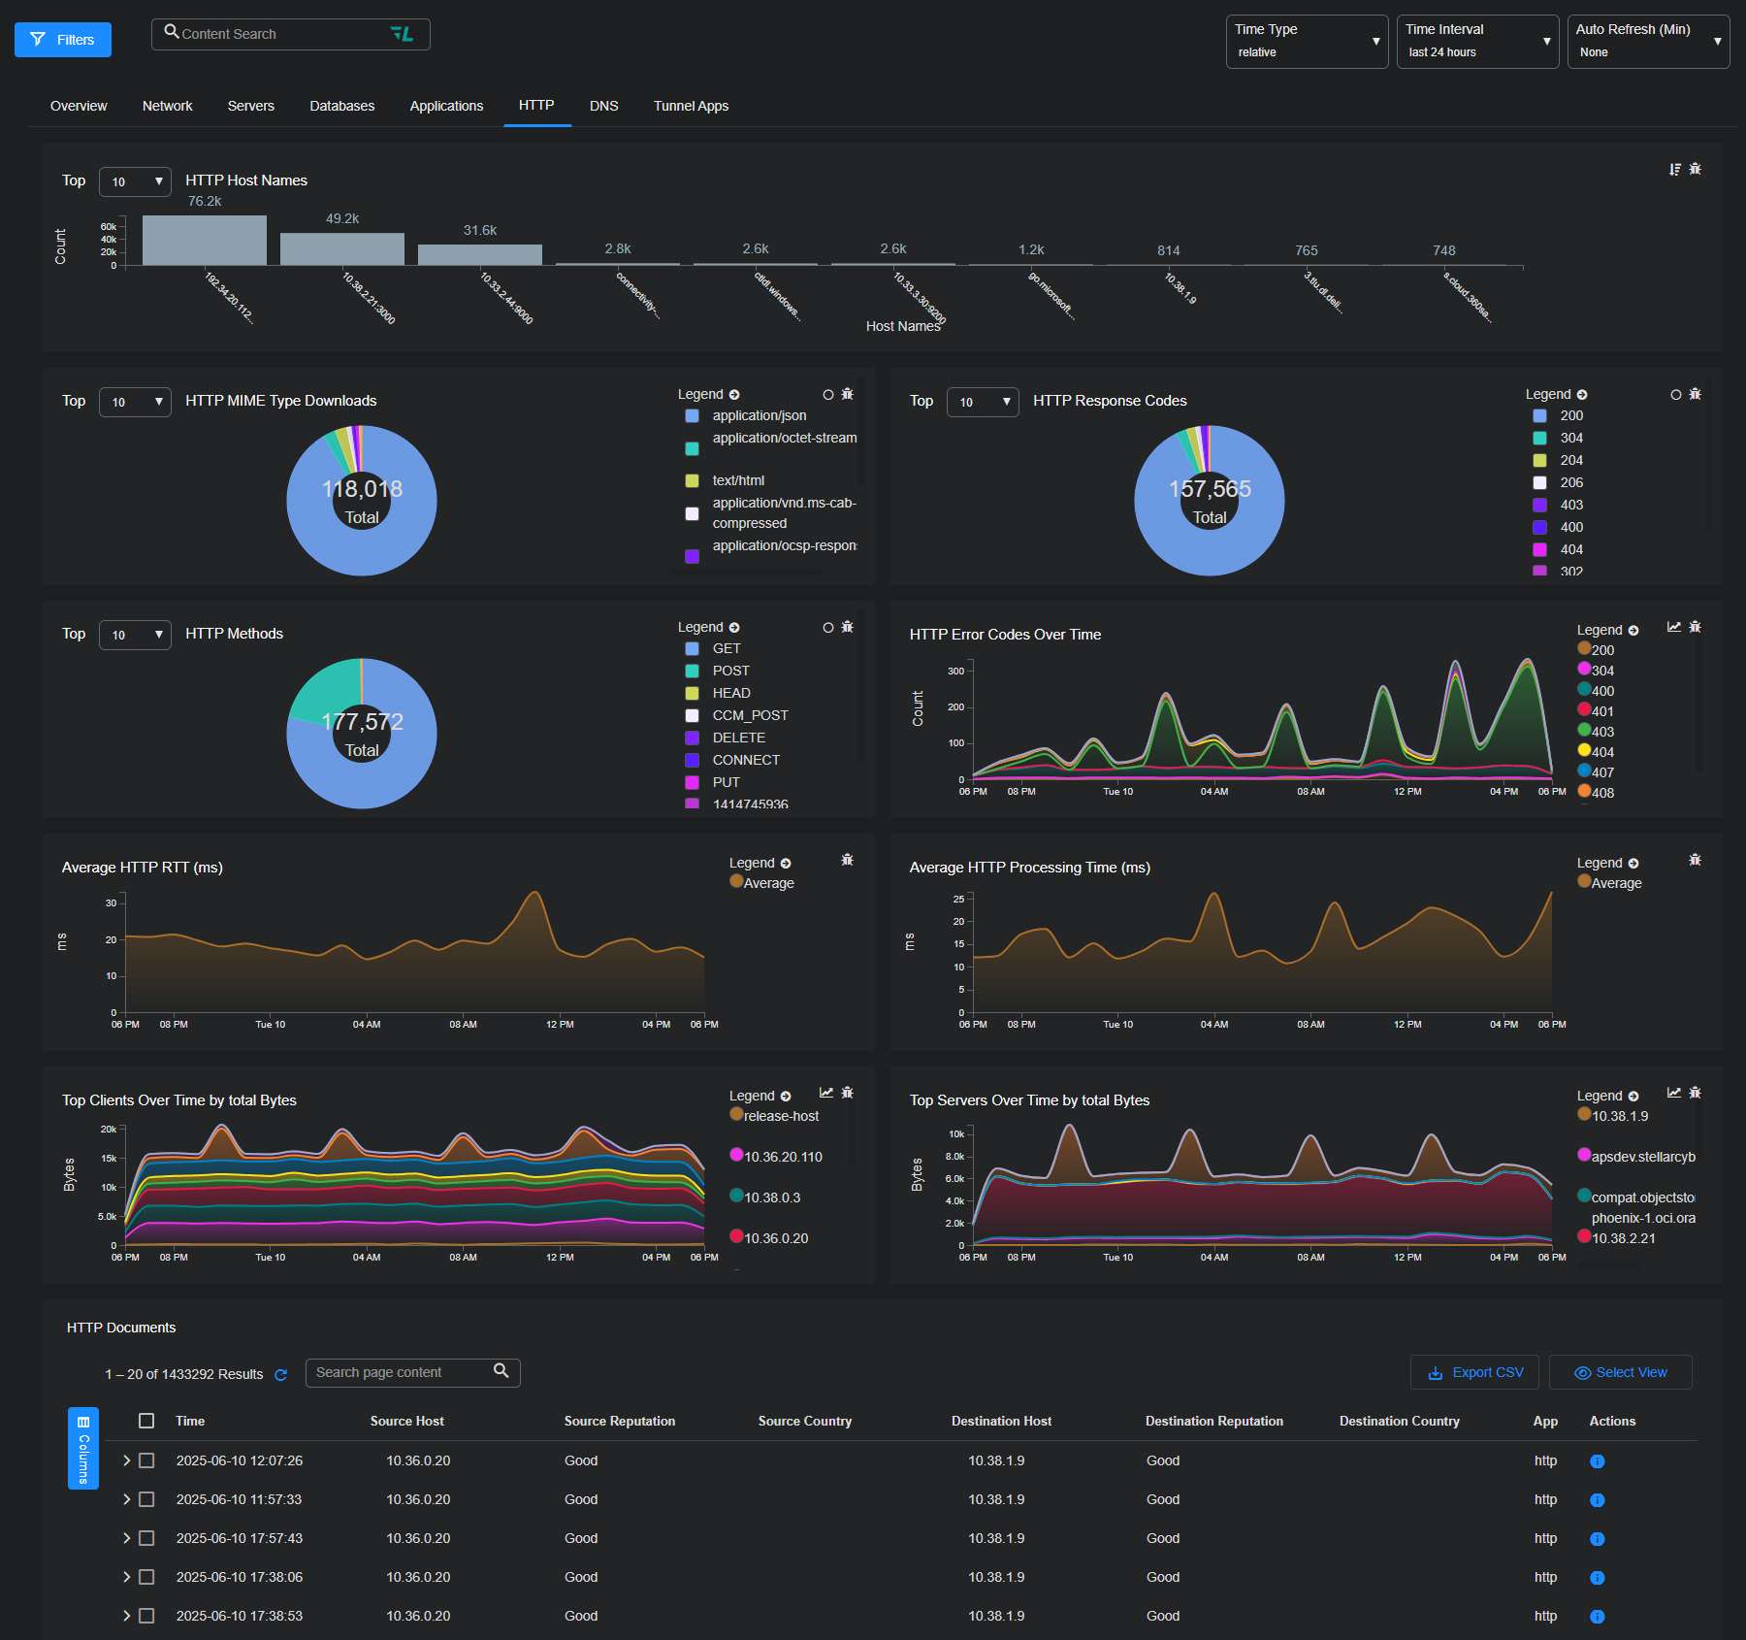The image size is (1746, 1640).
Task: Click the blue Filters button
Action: (x=63, y=40)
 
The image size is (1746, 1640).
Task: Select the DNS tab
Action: (x=603, y=106)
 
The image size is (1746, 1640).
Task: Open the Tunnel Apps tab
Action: (x=691, y=106)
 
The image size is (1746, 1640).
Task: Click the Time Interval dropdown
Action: (x=1476, y=42)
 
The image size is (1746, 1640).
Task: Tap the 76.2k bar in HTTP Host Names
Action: (x=204, y=240)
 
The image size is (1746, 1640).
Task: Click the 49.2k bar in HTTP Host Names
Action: (x=341, y=248)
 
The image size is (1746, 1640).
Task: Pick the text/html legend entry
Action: (x=737, y=480)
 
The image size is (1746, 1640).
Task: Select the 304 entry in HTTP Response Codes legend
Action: (x=1570, y=438)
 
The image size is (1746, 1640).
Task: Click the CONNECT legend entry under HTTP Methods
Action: (x=745, y=760)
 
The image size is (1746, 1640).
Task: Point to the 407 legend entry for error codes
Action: (x=1601, y=772)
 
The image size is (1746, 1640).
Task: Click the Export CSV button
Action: (x=1474, y=1372)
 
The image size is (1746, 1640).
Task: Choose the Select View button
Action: (x=1620, y=1372)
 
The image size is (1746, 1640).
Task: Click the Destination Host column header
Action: (x=1001, y=1421)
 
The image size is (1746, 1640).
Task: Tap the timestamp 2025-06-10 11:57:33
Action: (x=239, y=1499)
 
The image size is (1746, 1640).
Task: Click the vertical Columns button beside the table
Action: (x=83, y=1448)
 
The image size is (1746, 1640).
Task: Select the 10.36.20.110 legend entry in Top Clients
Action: (x=782, y=1157)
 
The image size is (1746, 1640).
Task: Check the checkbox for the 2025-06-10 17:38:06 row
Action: (x=146, y=1577)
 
